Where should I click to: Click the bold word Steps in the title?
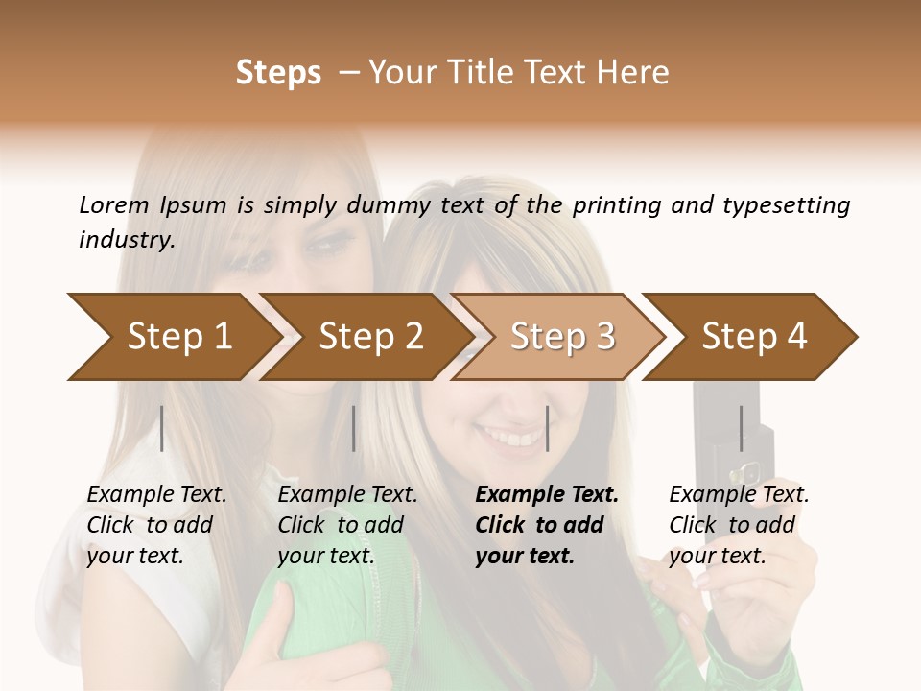pyautogui.click(x=278, y=73)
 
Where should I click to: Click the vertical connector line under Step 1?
pyautogui.click(x=162, y=428)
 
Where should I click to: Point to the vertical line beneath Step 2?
pyautogui.click(x=354, y=428)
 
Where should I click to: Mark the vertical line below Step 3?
pyautogui.click(x=547, y=428)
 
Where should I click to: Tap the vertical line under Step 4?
pyautogui.click(x=741, y=428)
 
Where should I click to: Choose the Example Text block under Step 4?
pyautogui.click(x=739, y=525)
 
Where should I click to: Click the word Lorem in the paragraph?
pyautogui.click(x=114, y=204)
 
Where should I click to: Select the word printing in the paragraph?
pyautogui.click(x=616, y=205)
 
